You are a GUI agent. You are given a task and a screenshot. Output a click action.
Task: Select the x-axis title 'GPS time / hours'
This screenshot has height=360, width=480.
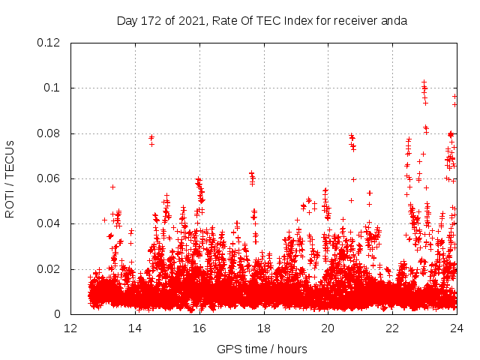262,349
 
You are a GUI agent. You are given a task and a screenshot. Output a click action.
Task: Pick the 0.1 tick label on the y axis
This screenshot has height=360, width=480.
53,88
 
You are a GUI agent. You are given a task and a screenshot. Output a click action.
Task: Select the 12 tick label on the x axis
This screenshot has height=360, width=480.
70,328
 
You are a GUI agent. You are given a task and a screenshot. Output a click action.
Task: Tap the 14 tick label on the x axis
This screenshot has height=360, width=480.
135,328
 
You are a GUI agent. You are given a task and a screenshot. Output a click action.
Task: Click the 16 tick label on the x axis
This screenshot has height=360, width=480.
199,328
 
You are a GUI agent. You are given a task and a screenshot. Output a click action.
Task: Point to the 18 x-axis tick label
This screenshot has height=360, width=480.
263,328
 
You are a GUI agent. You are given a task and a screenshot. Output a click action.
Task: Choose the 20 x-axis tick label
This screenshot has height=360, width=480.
328,328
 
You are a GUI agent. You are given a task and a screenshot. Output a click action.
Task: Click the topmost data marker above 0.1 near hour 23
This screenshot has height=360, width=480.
424,81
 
